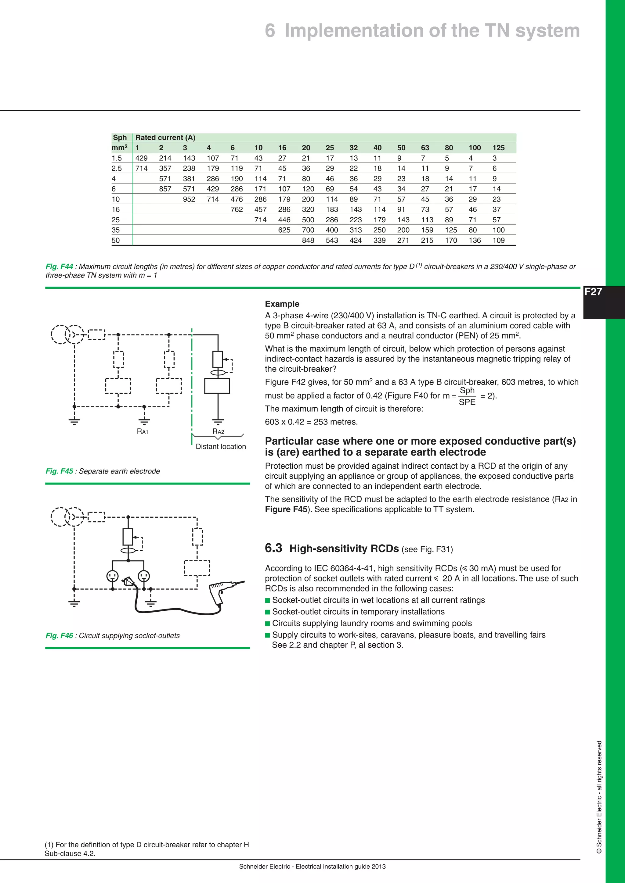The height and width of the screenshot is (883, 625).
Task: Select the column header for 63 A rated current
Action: pyautogui.click(x=425, y=148)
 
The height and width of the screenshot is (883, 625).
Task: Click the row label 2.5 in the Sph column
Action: pyautogui.click(x=117, y=168)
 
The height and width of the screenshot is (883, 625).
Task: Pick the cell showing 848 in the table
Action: pyautogui.click(x=308, y=240)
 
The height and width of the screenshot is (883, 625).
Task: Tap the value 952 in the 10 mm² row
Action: pyautogui.click(x=189, y=199)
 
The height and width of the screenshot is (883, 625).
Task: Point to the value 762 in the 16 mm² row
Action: pyautogui.click(x=237, y=209)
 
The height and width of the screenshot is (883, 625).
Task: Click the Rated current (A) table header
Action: pyautogui.click(x=165, y=138)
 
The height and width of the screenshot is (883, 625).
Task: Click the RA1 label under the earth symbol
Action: pyautogui.click(x=143, y=431)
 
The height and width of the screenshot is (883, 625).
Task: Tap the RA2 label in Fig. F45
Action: pyautogui.click(x=218, y=431)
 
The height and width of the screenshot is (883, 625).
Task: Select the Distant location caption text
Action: pyautogui.click(x=221, y=446)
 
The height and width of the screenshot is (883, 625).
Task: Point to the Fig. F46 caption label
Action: pyautogui.click(x=59, y=636)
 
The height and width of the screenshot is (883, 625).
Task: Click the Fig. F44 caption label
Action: pyautogui.click(x=59, y=266)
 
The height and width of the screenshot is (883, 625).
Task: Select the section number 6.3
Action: pyautogui.click(x=273, y=548)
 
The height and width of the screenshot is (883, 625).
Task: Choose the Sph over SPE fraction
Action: pyautogui.click(x=467, y=396)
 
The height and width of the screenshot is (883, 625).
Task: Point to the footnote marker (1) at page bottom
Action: pyautogui.click(x=49, y=845)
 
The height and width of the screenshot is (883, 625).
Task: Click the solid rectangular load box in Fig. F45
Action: pyautogui.click(x=217, y=386)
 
